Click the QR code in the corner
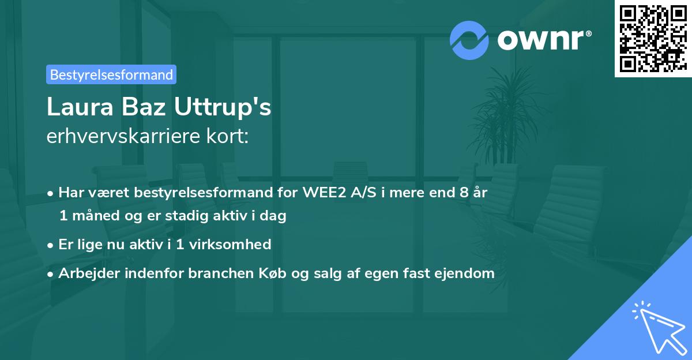[653, 38]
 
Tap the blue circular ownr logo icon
[469, 40]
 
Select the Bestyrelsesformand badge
[111, 74]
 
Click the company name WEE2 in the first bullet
[320, 193]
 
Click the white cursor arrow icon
[657, 327]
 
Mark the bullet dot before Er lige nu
[51, 245]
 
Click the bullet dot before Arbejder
[51, 274]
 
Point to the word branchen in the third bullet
[218, 273]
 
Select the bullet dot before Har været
[51, 193]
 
